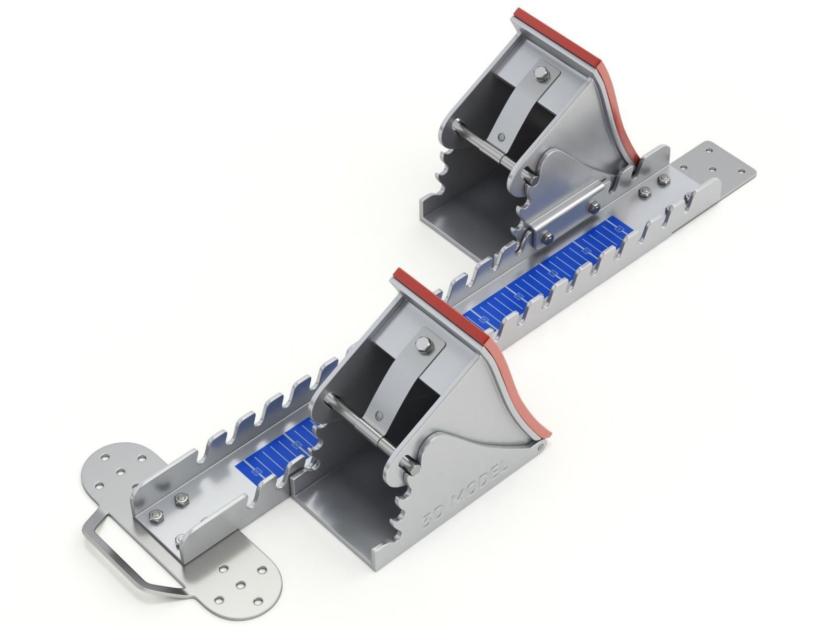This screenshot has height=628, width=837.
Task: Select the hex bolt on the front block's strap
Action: (421, 344)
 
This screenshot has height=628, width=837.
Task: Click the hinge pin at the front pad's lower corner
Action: (541, 446)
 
